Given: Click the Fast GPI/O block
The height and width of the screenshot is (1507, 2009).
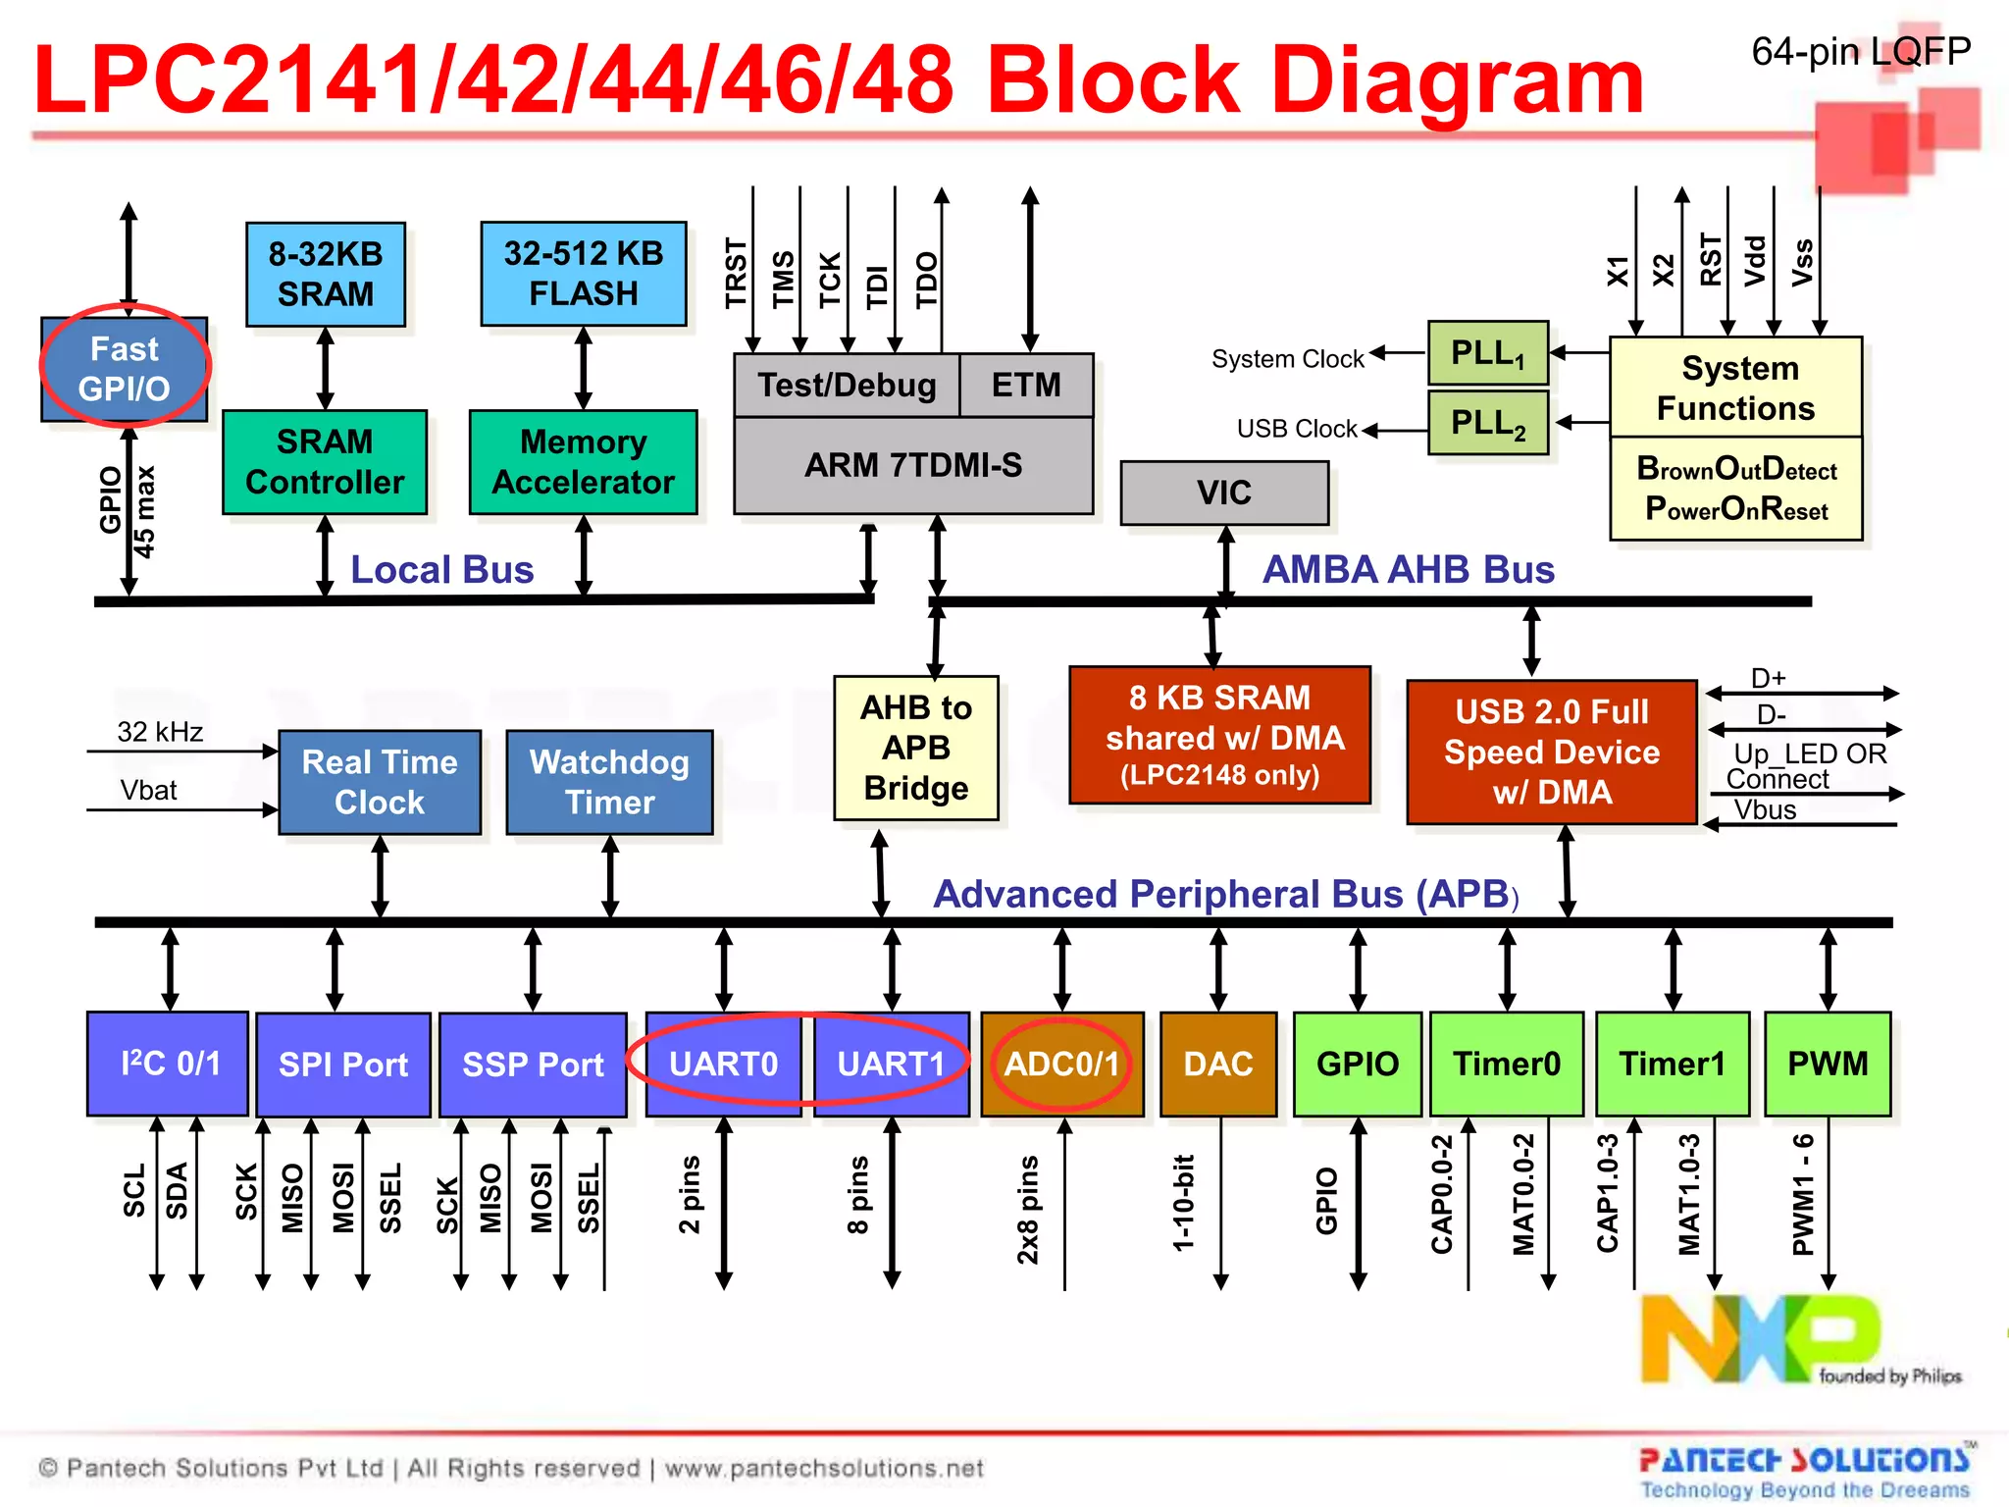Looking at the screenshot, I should pyautogui.click(x=124, y=369).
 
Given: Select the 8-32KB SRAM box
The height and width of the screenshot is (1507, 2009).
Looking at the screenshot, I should pyautogui.click(x=326, y=274).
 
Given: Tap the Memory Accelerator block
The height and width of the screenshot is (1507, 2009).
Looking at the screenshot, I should pyautogui.click(x=583, y=462).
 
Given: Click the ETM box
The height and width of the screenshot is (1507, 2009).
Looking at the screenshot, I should pyautogui.click(x=1026, y=385).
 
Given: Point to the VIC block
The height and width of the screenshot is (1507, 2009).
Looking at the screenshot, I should pyautogui.click(x=1224, y=493).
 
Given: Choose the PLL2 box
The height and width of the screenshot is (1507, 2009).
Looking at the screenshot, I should pyautogui.click(x=1487, y=423).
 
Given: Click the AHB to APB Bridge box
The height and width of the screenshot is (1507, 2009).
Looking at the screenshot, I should pyautogui.click(x=916, y=748).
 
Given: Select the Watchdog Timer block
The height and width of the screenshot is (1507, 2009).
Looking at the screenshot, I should pyautogui.click(x=609, y=782).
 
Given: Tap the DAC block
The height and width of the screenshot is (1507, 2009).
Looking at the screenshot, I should pyautogui.click(x=1218, y=1064).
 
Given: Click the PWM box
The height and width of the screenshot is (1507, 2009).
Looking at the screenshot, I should pyautogui.click(x=1828, y=1064).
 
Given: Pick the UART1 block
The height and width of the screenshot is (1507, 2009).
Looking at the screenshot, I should pyautogui.click(x=891, y=1064).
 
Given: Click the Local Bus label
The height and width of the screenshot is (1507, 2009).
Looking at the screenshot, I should pyautogui.click(x=441, y=570).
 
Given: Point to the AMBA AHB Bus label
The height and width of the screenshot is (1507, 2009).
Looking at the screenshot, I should pyautogui.click(x=1408, y=570).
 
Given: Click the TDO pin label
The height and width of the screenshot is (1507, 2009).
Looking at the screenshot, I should pyautogui.click(x=927, y=280).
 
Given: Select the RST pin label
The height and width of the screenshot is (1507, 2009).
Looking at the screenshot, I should pyautogui.click(x=1711, y=260).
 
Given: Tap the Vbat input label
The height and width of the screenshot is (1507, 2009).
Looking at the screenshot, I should pyautogui.click(x=148, y=791).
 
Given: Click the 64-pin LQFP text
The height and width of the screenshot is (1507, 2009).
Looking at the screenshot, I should pyautogui.click(x=1861, y=51).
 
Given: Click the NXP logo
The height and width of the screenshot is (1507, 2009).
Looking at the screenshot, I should pyautogui.click(x=1761, y=1338).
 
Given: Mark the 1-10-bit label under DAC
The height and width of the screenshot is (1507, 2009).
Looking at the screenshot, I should pyautogui.click(x=1184, y=1202).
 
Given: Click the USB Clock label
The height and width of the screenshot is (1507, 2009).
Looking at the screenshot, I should pyautogui.click(x=1297, y=429).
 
